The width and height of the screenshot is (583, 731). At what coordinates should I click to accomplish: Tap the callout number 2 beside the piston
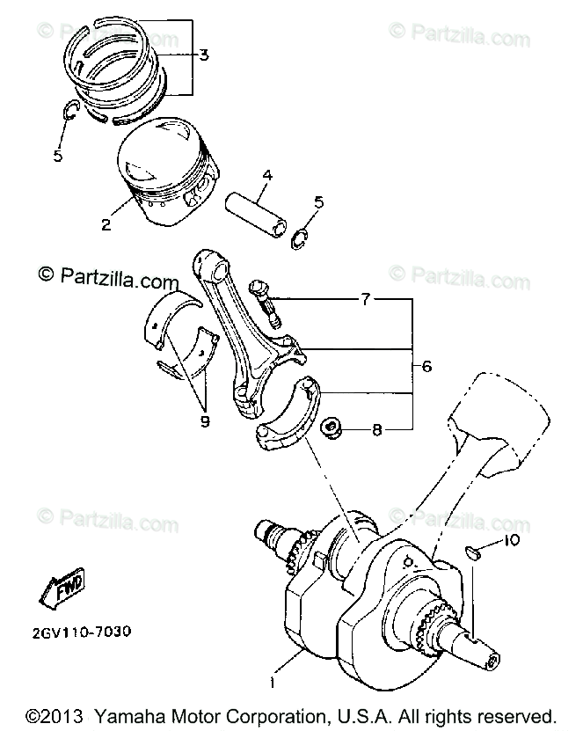106,223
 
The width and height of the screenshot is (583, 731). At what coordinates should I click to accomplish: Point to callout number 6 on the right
426,366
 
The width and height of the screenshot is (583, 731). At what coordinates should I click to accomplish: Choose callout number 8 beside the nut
377,430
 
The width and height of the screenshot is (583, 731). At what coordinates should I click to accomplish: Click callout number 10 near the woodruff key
512,540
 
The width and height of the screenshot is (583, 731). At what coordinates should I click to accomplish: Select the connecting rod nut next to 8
333,429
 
